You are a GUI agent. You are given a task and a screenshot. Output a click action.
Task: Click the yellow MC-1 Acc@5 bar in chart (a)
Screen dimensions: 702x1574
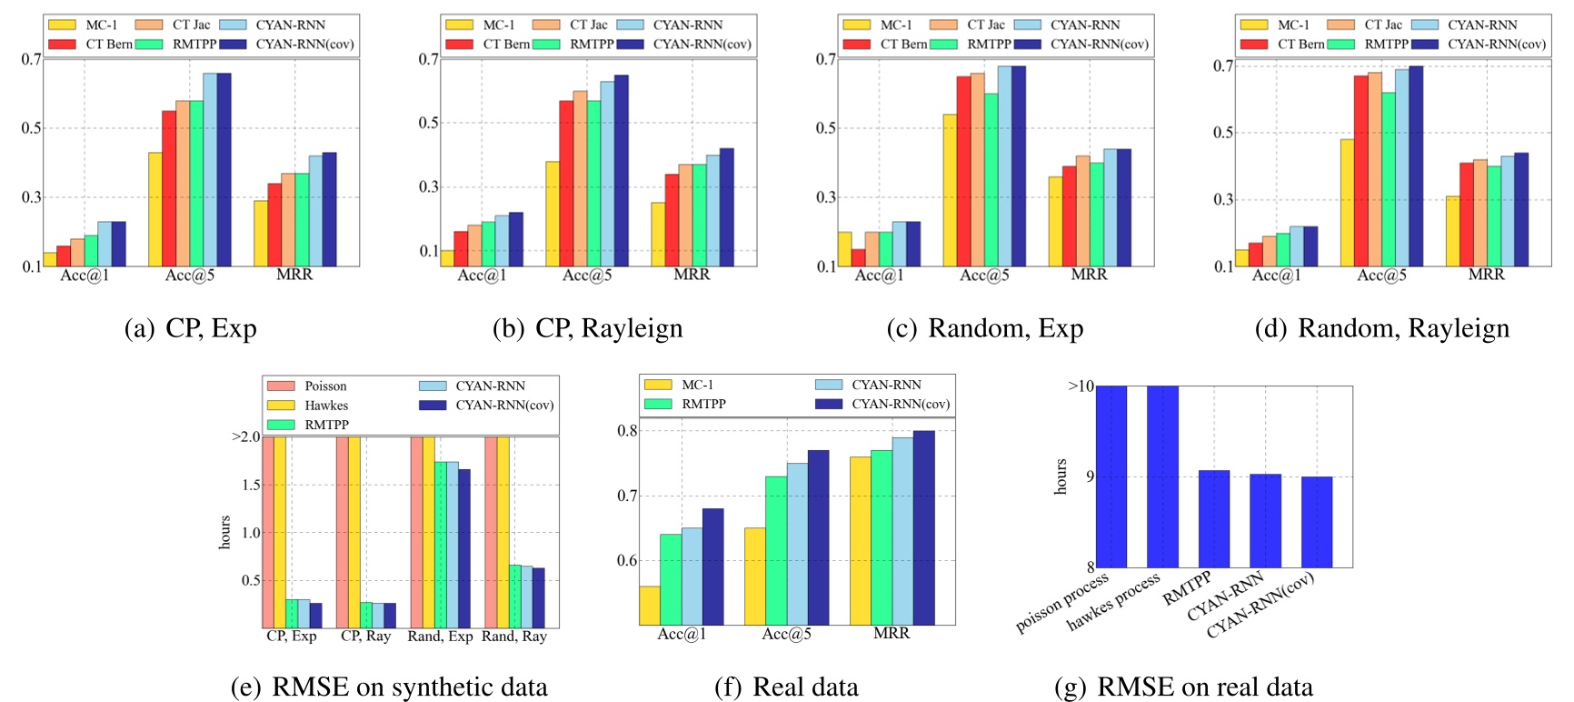(154, 209)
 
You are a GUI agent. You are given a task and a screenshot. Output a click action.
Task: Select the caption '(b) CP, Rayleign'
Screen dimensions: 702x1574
(587, 328)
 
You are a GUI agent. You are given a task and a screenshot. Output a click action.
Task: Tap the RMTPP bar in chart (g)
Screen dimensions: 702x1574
(1213, 518)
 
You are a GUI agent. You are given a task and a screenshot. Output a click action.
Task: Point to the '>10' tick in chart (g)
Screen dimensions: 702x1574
(1081, 386)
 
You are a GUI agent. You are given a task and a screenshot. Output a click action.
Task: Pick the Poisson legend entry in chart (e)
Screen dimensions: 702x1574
(309, 386)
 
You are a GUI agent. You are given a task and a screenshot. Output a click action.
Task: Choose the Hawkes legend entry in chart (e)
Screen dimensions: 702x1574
(309, 406)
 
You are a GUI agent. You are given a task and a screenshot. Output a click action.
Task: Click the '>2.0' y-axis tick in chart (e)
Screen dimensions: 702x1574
(246, 436)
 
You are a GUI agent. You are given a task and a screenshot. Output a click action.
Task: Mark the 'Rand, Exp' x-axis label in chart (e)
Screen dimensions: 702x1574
(440, 637)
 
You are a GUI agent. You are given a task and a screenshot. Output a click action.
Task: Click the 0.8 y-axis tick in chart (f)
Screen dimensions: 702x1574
(627, 431)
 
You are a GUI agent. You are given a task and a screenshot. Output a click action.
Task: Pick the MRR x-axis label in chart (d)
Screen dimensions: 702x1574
(1486, 275)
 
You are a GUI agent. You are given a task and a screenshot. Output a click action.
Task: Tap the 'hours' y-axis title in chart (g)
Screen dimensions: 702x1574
(1061, 476)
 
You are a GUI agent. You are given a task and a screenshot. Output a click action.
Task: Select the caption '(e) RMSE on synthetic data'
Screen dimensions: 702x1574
(389, 687)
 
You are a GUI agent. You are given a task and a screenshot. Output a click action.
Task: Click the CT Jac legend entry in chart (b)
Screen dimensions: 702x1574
(573, 25)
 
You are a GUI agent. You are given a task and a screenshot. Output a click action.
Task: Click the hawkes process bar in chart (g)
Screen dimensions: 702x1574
(1162, 476)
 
